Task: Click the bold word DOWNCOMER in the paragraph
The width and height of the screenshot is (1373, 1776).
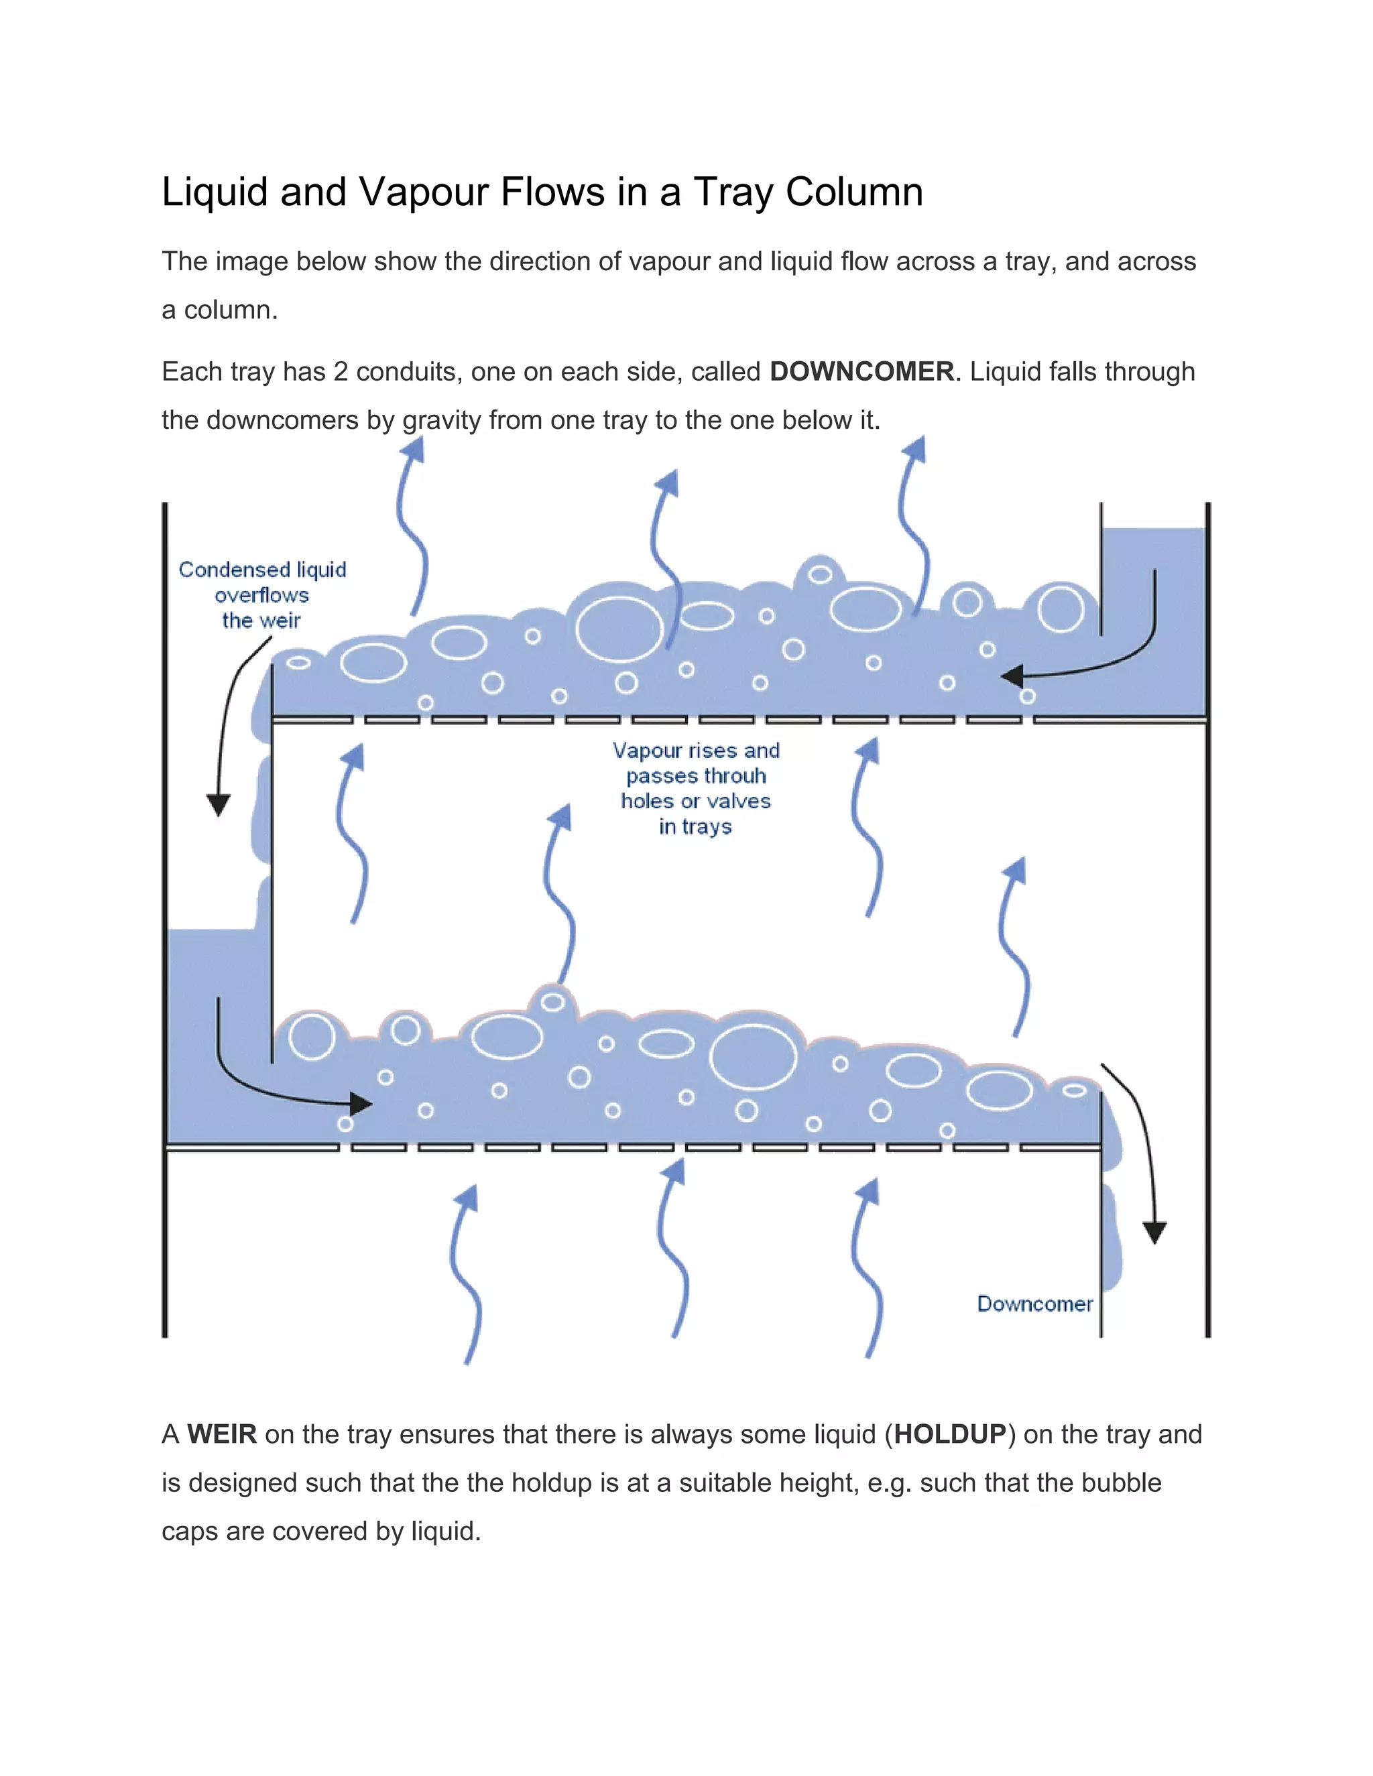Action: pyautogui.click(x=861, y=372)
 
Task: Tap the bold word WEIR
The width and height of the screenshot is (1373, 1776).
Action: pyautogui.click(x=222, y=1434)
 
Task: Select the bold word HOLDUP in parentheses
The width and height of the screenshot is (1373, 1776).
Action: pyautogui.click(x=950, y=1434)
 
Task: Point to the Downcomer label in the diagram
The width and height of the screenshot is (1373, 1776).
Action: pyautogui.click(x=1034, y=1304)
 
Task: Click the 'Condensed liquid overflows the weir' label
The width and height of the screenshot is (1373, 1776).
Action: pyautogui.click(x=262, y=594)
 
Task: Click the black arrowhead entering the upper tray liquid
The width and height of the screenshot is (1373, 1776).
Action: pyautogui.click(x=1011, y=676)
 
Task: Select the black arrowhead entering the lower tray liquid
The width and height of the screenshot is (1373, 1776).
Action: pyautogui.click(x=361, y=1104)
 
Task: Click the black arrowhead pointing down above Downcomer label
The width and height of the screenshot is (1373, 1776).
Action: pyautogui.click(x=1154, y=1232)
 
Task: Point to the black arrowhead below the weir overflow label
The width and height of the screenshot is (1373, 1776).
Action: pyautogui.click(x=218, y=805)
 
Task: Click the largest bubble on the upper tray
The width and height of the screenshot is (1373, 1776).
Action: pyautogui.click(x=620, y=629)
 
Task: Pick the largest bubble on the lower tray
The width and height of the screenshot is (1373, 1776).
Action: pyautogui.click(x=753, y=1056)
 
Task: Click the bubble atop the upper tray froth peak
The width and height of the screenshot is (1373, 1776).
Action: pyautogui.click(x=820, y=575)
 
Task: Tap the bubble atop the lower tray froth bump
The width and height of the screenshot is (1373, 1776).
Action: pyautogui.click(x=553, y=1002)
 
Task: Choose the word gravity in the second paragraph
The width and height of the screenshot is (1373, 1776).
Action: pyautogui.click(x=441, y=420)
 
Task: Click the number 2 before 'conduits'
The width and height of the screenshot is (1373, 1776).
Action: pyautogui.click(x=341, y=372)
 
